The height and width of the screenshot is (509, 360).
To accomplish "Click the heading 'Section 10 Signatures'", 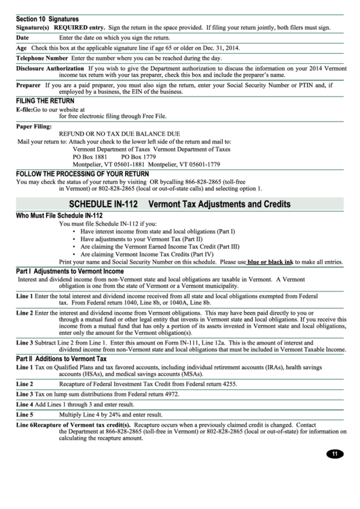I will tap(47, 19).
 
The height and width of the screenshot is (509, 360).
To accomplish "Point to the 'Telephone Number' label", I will tap(41, 58).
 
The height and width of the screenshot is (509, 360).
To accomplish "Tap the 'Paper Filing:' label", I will tap(34, 126).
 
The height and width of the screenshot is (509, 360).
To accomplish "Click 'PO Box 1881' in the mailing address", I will tap(90, 156).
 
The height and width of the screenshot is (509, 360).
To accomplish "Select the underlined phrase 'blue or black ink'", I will tap(289, 261).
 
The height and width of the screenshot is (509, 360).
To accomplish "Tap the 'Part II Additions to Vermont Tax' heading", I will tap(61, 358).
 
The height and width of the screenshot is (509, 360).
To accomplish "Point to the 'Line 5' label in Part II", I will tap(24, 413).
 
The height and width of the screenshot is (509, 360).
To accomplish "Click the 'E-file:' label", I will tap(24, 109).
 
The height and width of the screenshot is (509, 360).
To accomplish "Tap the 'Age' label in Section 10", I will tap(21, 48).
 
